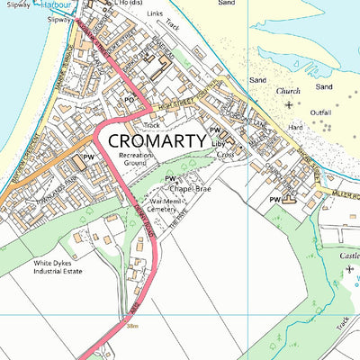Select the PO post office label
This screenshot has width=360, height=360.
129,99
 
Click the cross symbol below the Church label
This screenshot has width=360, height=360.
288,105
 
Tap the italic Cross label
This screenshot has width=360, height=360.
225,155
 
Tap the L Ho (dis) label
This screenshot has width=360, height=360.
152,4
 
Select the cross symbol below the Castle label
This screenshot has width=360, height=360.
349,269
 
